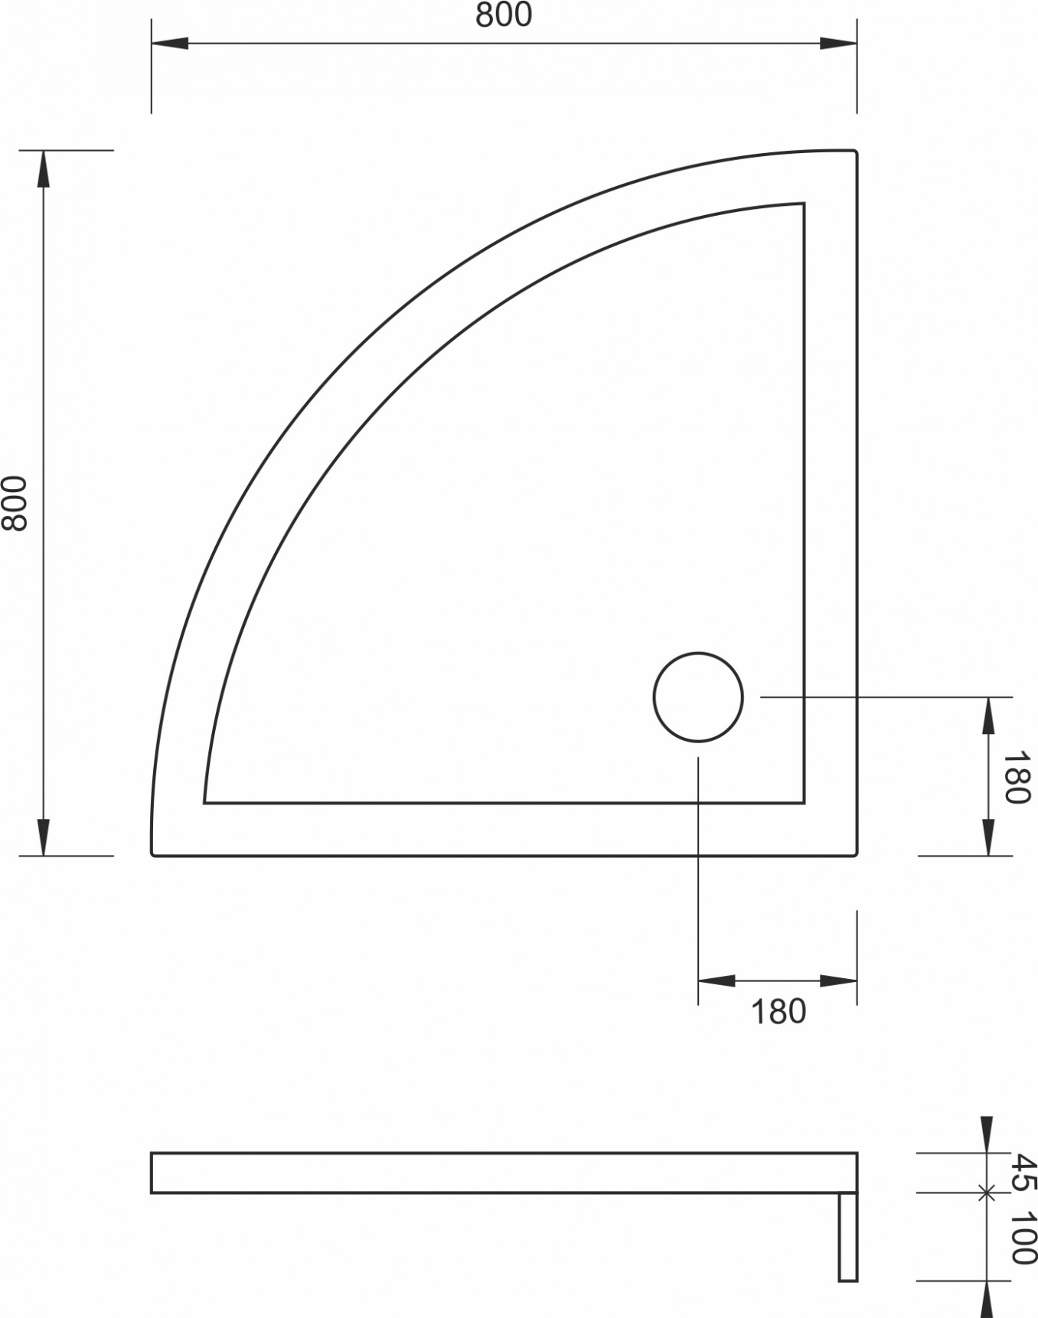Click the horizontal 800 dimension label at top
click(503, 15)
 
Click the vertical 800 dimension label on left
click(15, 503)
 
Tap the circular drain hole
click(698, 697)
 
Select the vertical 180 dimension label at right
click(1016, 778)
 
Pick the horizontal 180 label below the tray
click(778, 1012)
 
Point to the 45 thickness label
click(1023, 1172)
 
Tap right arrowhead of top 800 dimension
click(838, 43)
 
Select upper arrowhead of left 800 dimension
click(44, 168)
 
